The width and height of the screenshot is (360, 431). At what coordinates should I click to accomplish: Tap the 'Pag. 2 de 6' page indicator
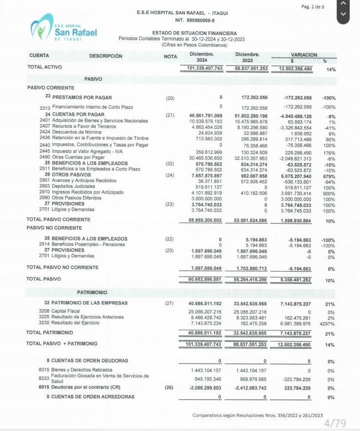tap(313, 7)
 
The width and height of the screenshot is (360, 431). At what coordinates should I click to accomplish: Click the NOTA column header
tap(170, 56)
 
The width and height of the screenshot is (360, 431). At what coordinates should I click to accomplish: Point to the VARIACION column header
tap(303, 54)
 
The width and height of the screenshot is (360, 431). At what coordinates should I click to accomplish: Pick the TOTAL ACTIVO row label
tap(45, 67)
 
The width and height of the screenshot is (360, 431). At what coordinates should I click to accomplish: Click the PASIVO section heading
tap(93, 79)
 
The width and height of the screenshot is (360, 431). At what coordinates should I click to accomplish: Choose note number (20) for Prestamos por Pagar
tap(170, 98)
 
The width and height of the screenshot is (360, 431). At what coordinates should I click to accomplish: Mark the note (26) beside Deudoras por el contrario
tap(170, 387)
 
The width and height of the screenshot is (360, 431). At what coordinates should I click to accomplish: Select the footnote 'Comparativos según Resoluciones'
tap(257, 415)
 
